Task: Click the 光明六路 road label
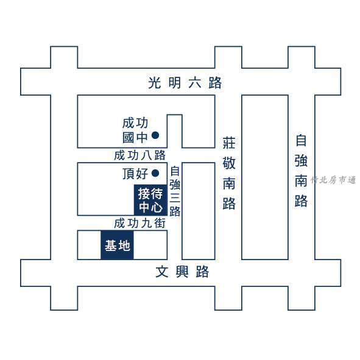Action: pyautogui.click(x=185, y=83)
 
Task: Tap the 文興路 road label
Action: pyautogui.click(x=182, y=272)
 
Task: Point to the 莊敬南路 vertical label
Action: pyautogui.click(x=229, y=174)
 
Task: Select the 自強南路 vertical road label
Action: pyautogui.click(x=302, y=171)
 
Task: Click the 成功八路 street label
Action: pyautogui.click(x=140, y=155)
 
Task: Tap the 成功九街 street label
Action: pyautogui.click(x=140, y=223)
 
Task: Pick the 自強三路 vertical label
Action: pyautogui.click(x=175, y=191)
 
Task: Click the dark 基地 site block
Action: pyautogui.click(x=117, y=245)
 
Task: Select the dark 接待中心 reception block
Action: pyautogui.click(x=150, y=200)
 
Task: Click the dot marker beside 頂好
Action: pyautogui.click(x=155, y=173)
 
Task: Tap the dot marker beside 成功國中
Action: pyautogui.click(x=155, y=135)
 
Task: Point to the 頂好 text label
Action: pyautogui.click(x=135, y=174)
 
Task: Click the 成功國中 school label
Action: pyautogui.click(x=135, y=130)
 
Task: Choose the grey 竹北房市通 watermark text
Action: pyautogui.click(x=333, y=180)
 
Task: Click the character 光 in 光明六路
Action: pyautogui.click(x=155, y=83)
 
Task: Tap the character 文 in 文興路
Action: pyautogui.click(x=162, y=272)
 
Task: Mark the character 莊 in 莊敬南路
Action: pyautogui.click(x=229, y=143)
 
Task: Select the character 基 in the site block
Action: pyautogui.click(x=110, y=245)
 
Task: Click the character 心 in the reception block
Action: pyautogui.click(x=157, y=207)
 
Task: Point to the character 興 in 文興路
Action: pyautogui.click(x=182, y=272)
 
